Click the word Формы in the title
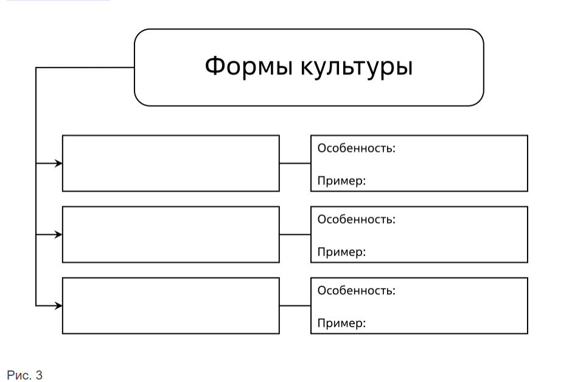pos(248,66)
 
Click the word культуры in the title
pos(357,68)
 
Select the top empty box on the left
pos(170,163)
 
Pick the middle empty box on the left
pos(170,234)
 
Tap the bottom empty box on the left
pos(170,305)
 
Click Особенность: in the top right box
pos(356,148)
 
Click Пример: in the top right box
pos(341,181)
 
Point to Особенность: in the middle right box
pos(356,219)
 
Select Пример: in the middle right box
pos(341,252)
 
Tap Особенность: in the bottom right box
pos(356,290)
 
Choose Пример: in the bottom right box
pos(341,323)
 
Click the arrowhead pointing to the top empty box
pos(58,163)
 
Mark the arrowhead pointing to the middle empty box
pos(58,234)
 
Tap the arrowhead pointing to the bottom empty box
pos(58,306)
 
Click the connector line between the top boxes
pos(295,163)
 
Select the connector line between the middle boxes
pos(295,234)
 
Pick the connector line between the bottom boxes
pos(295,306)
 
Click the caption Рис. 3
pos(24,375)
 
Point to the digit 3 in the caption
pos(39,375)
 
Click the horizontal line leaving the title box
pos(85,68)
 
